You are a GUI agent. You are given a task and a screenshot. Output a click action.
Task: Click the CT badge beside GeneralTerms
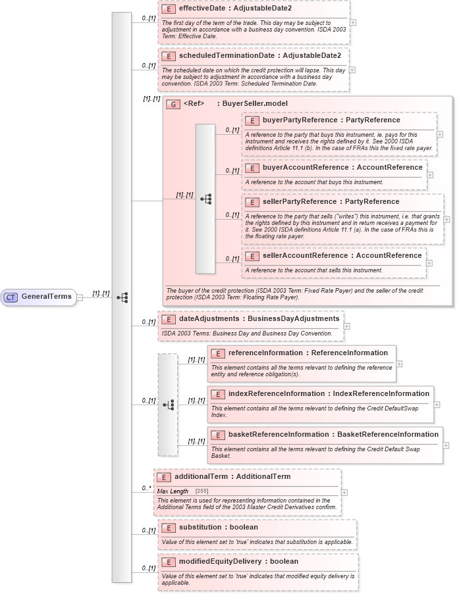pyautogui.click(x=11, y=297)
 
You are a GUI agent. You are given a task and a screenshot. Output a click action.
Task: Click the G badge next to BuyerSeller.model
pyautogui.click(x=173, y=104)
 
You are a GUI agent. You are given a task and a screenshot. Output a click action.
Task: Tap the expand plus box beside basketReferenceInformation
pyautogui.click(x=446, y=445)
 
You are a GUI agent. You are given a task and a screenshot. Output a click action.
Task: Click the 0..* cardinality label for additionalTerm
pyautogui.click(x=146, y=489)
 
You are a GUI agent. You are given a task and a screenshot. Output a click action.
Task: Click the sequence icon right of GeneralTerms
pyautogui.click(x=122, y=297)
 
